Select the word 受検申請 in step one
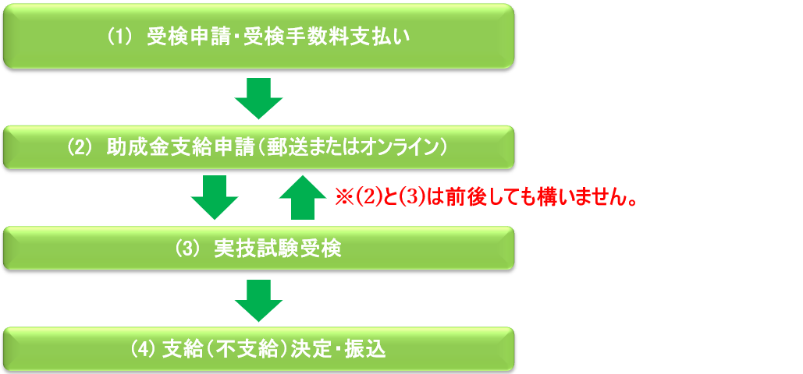point(181,38)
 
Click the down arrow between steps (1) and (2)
point(259,98)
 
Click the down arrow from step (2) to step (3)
point(215,197)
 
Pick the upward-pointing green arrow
point(303,197)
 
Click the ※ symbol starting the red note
point(342,197)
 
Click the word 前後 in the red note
point(463,197)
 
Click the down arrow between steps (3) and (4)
point(259,301)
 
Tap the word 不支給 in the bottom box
point(239,350)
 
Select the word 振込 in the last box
point(368,350)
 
